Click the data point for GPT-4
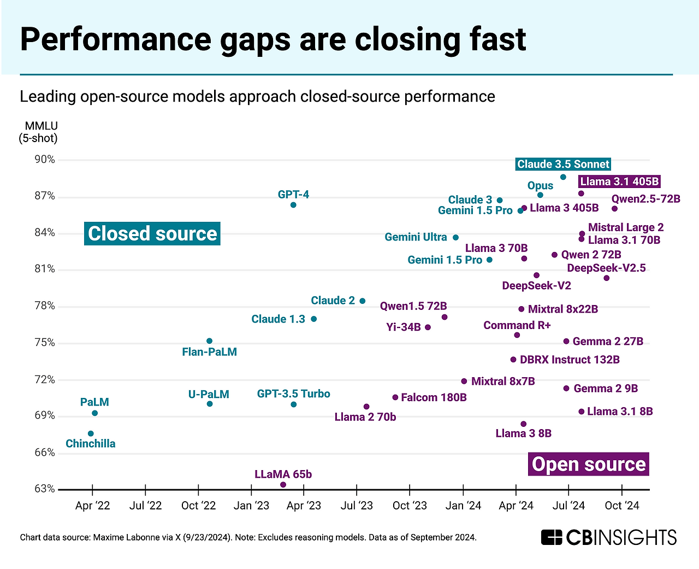[293, 205]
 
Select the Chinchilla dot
[91, 433]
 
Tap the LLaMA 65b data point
[283, 485]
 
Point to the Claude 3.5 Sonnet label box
[563, 164]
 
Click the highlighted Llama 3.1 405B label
[619, 181]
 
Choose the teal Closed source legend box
[152, 233]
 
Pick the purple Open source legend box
[589, 464]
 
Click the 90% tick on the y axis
[45, 160]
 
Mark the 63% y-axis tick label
[45, 489]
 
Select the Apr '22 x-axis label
[92, 506]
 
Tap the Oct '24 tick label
[621, 506]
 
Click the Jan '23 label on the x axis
[251, 506]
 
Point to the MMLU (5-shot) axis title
[39, 132]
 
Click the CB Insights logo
[608, 537]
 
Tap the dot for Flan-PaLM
[209, 341]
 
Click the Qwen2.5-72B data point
[615, 209]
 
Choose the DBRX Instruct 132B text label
[570, 360]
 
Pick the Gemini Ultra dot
[456, 238]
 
